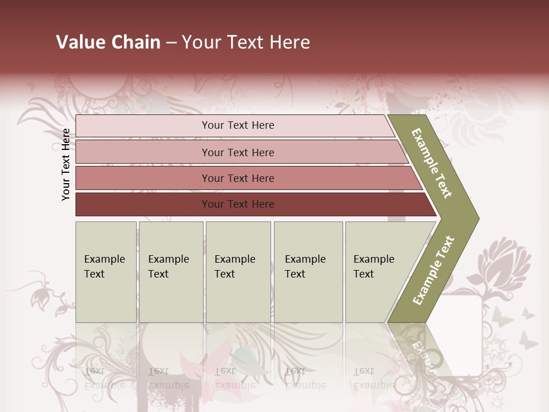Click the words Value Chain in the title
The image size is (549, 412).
pos(108,42)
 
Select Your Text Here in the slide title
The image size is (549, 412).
pos(246,42)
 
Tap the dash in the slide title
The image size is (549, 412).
pos(171,43)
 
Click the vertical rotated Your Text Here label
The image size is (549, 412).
pos(66,164)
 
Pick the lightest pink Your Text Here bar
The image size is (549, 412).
pos(237,125)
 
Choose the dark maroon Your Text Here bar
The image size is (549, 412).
pos(237,204)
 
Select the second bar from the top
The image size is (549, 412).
pos(237,152)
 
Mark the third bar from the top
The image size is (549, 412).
pos(237,178)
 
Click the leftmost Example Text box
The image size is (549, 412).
pos(106,272)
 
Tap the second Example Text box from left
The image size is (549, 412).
pos(170,272)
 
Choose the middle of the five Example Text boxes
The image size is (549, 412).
pos(238,272)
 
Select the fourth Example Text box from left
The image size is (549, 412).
pos(308,272)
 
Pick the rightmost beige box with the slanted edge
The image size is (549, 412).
pos(377,272)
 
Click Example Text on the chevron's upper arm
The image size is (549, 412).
pos(432,164)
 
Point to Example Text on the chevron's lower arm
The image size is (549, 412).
pos(433,270)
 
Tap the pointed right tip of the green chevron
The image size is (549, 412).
pos(476,218)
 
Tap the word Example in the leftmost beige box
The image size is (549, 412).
pos(104,259)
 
